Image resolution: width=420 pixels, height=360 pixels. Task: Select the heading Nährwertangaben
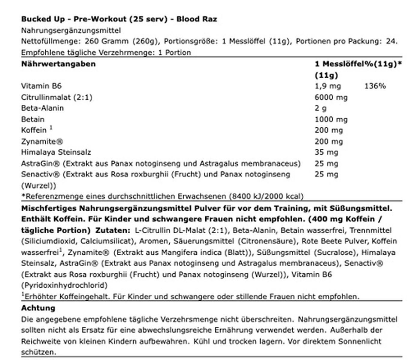pos(58,64)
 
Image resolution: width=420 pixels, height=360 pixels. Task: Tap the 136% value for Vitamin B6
pos(375,86)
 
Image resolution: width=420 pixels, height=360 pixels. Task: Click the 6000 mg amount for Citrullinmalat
pos(331,97)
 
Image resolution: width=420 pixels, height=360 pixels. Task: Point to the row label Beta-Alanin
pos(42,108)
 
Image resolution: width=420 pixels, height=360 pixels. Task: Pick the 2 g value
pos(320,108)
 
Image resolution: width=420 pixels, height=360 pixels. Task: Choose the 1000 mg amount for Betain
pos(331,119)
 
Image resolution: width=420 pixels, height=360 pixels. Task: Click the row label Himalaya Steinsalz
pos(56,152)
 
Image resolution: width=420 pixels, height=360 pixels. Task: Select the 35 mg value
pos(326,152)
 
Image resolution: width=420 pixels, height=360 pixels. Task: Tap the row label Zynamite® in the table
pos(42,141)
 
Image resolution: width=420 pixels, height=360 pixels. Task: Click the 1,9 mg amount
pos(328,86)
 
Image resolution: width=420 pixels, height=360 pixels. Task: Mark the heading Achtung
pos(38,308)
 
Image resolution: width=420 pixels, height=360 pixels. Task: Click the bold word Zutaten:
pos(113,230)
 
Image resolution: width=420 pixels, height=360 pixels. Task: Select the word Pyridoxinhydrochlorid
pos(64,285)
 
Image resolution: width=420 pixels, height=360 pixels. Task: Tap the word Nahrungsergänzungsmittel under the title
pos(71,30)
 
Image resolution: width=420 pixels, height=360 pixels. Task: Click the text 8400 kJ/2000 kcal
pos(266,196)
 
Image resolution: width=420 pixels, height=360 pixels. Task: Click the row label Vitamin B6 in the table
pos(41,86)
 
